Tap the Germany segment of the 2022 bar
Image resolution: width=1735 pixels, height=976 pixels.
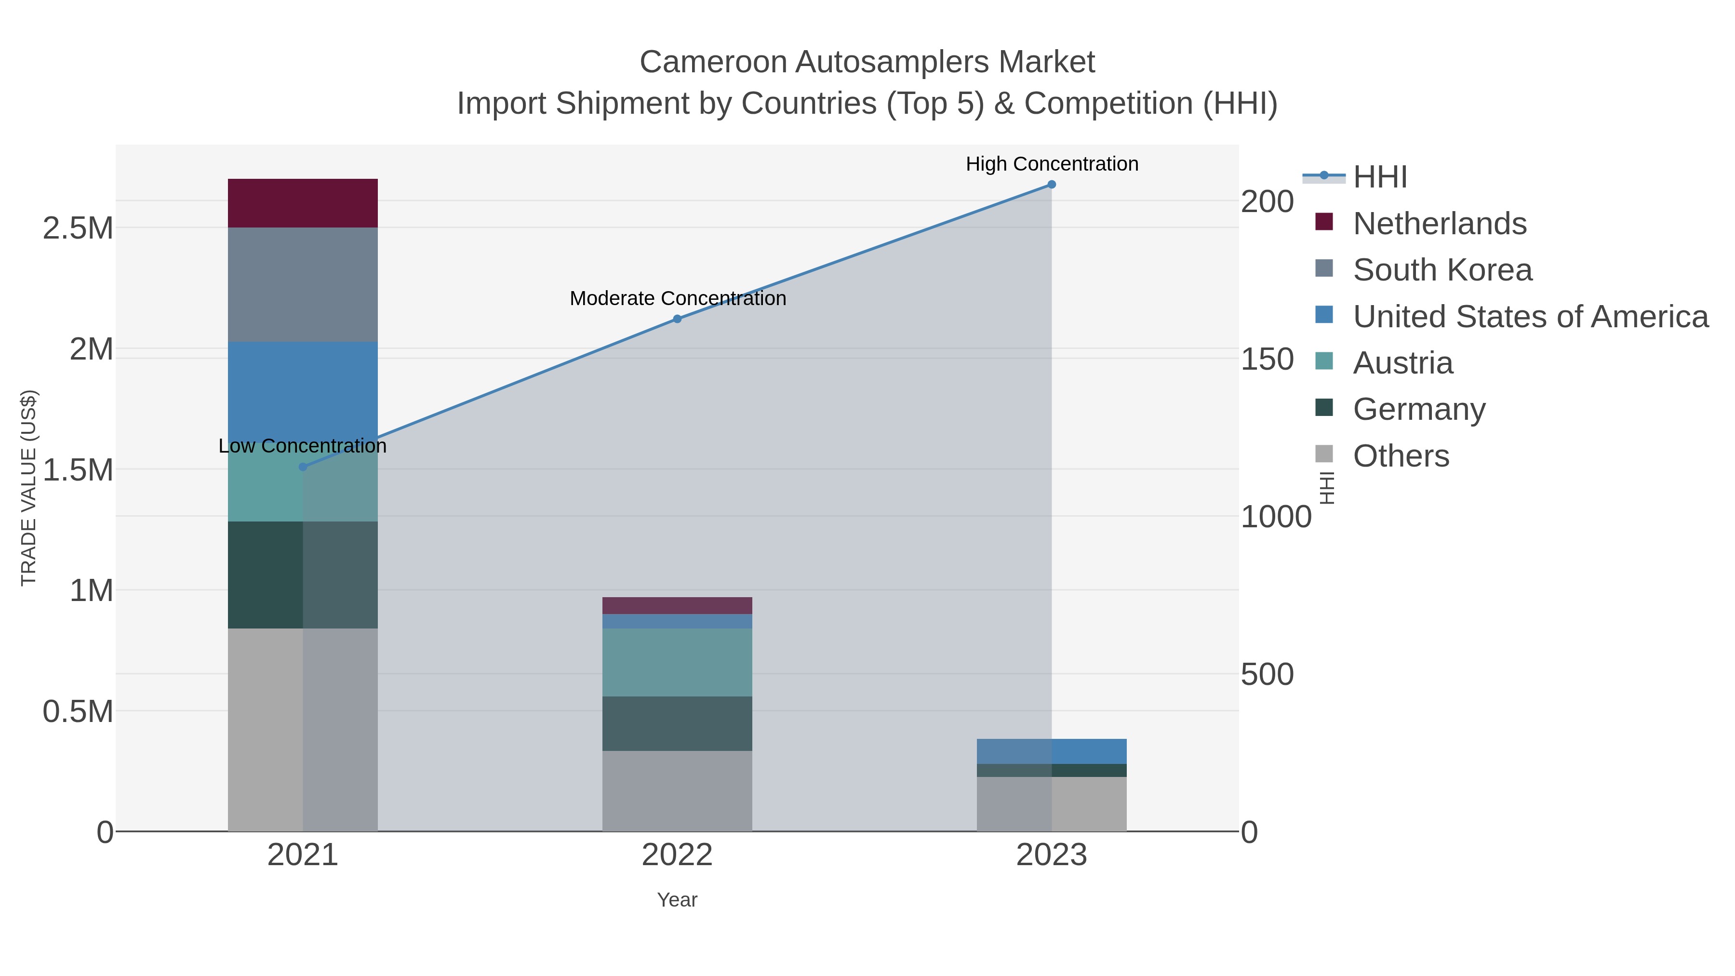tap(677, 723)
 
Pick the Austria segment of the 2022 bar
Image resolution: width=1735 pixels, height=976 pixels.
tap(677, 662)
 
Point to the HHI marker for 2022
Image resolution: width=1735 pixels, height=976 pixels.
tap(677, 319)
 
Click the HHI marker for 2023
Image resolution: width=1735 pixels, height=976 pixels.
tap(1052, 185)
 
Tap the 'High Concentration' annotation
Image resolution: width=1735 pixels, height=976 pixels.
tap(1052, 164)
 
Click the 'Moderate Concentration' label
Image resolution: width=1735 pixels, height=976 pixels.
tap(678, 298)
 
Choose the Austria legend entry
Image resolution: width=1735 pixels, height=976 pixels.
tap(1402, 363)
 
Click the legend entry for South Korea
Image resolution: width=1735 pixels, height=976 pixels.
tap(1442, 270)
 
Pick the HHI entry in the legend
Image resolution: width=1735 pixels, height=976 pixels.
tap(1379, 177)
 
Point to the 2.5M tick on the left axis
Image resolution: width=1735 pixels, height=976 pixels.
tap(78, 228)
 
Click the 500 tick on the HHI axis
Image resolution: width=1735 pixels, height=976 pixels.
tap(1267, 674)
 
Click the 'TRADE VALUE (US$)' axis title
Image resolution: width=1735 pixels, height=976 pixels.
tap(28, 488)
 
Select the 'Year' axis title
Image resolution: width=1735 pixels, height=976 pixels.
tap(677, 900)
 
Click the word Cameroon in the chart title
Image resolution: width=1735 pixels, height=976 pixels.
tap(713, 62)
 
